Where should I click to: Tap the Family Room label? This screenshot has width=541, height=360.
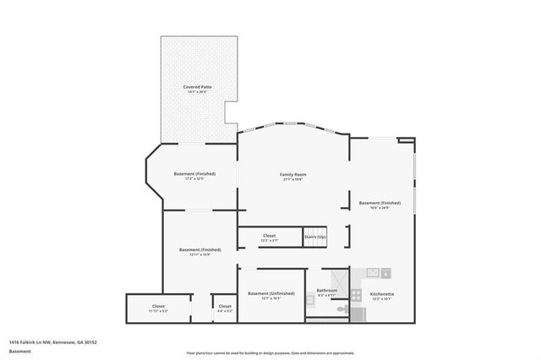click(292, 175)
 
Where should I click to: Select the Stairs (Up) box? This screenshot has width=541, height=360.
click(314, 237)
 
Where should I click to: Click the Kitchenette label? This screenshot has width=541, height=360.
click(382, 294)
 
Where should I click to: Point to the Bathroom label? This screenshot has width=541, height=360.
click(327, 291)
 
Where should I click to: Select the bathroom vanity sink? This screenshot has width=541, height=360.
click(309, 298)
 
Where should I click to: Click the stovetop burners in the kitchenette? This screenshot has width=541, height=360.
click(355, 295)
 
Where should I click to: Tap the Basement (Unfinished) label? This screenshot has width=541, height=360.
click(270, 293)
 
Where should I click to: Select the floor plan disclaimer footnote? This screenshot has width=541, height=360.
click(270, 352)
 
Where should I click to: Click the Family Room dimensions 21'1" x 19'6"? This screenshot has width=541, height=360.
click(292, 180)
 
